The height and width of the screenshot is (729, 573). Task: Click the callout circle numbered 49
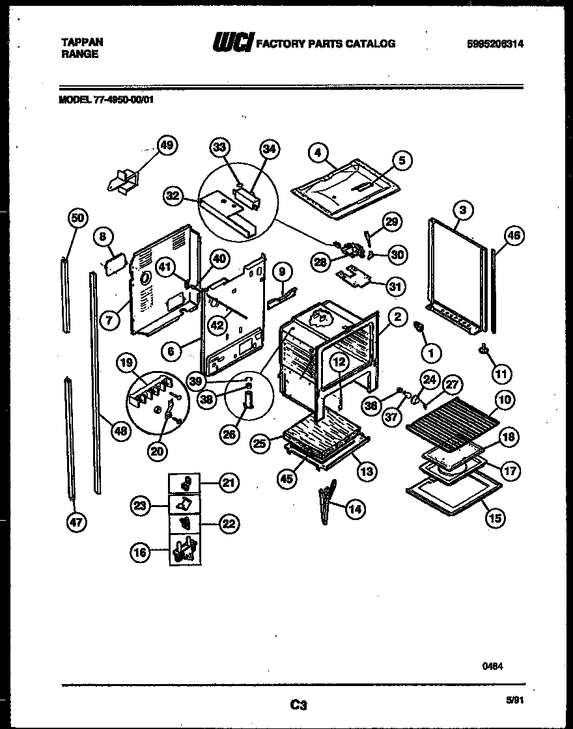click(168, 146)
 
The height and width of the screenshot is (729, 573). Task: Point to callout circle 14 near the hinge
click(355, 509)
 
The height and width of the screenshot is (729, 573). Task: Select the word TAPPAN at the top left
click(81, 42)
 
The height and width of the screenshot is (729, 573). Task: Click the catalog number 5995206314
click(496, 44)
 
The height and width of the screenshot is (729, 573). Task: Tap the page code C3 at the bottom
click(298, 704)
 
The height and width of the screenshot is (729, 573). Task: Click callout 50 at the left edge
click(77, 219)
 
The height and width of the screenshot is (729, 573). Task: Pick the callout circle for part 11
click(502, 374)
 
